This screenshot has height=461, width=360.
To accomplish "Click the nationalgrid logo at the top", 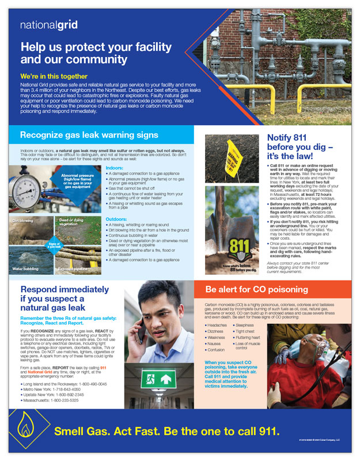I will (x=48, y=25).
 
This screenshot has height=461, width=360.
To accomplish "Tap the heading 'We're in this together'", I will (x=54, y=77).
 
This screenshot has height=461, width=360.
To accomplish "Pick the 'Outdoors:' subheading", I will (x=118, y=220).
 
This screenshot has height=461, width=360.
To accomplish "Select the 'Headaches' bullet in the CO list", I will (x=218, y=326).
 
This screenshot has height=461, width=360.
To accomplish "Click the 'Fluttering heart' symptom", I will (x=248, y=338).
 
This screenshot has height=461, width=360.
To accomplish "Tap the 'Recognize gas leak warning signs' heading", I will (x=89, y=135).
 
